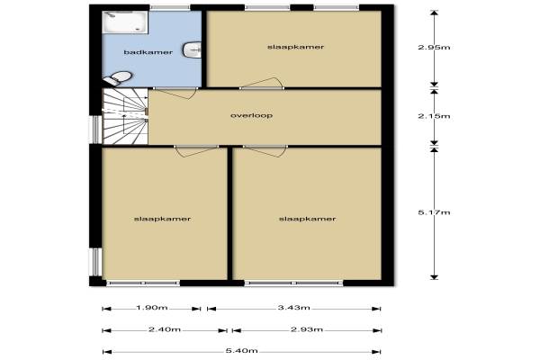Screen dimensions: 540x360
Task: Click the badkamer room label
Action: [148, 52]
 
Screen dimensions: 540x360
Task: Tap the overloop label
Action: [251, 115]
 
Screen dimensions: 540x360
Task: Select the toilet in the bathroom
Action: [118, 78]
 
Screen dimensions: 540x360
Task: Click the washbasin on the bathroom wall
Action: [193, 50]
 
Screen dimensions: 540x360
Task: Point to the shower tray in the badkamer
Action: [125, 22]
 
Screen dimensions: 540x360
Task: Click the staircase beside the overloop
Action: [125, 116]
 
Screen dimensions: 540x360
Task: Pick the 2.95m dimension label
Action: [434, 48]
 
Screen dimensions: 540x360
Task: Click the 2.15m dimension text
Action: [434, 116]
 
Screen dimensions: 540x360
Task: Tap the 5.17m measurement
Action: [434, 212]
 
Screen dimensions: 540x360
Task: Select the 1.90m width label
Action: [152, 308]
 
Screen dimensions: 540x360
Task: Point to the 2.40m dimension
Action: [165, 329]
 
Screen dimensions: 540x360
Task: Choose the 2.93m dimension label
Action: [307, 329]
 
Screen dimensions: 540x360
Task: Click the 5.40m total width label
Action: [242, 351]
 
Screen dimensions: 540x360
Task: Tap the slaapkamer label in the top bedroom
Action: [296, 47]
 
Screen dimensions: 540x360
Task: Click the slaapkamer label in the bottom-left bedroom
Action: [162, 219]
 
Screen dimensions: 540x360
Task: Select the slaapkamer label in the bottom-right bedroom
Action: [307, 219]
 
